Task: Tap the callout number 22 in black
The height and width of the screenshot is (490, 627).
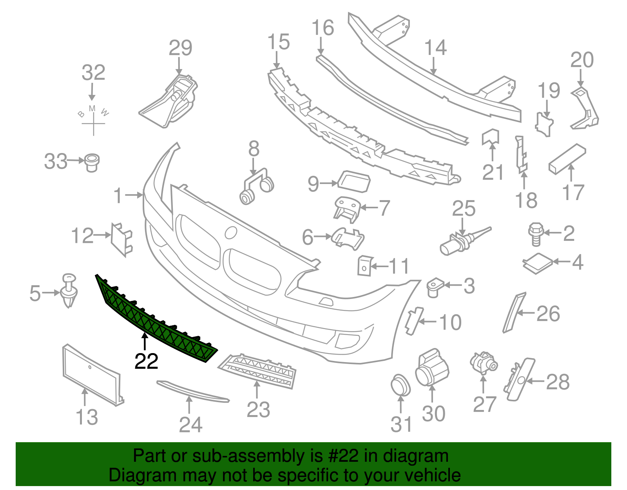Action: [146, 361]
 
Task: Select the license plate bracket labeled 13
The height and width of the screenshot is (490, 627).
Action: [92, 375]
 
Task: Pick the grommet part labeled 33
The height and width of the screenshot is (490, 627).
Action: [92, 162]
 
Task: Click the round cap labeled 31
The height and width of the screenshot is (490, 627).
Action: [400, 385]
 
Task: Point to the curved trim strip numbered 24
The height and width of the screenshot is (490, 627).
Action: [192, 391]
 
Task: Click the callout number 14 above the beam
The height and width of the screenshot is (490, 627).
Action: [435, 47]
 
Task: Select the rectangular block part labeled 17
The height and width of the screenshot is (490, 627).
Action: [567, 158]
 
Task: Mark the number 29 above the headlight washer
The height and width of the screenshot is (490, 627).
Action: [180, 48]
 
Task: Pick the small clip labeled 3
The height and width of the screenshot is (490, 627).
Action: [434, 287]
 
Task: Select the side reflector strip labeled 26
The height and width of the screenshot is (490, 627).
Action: [514, 312]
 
